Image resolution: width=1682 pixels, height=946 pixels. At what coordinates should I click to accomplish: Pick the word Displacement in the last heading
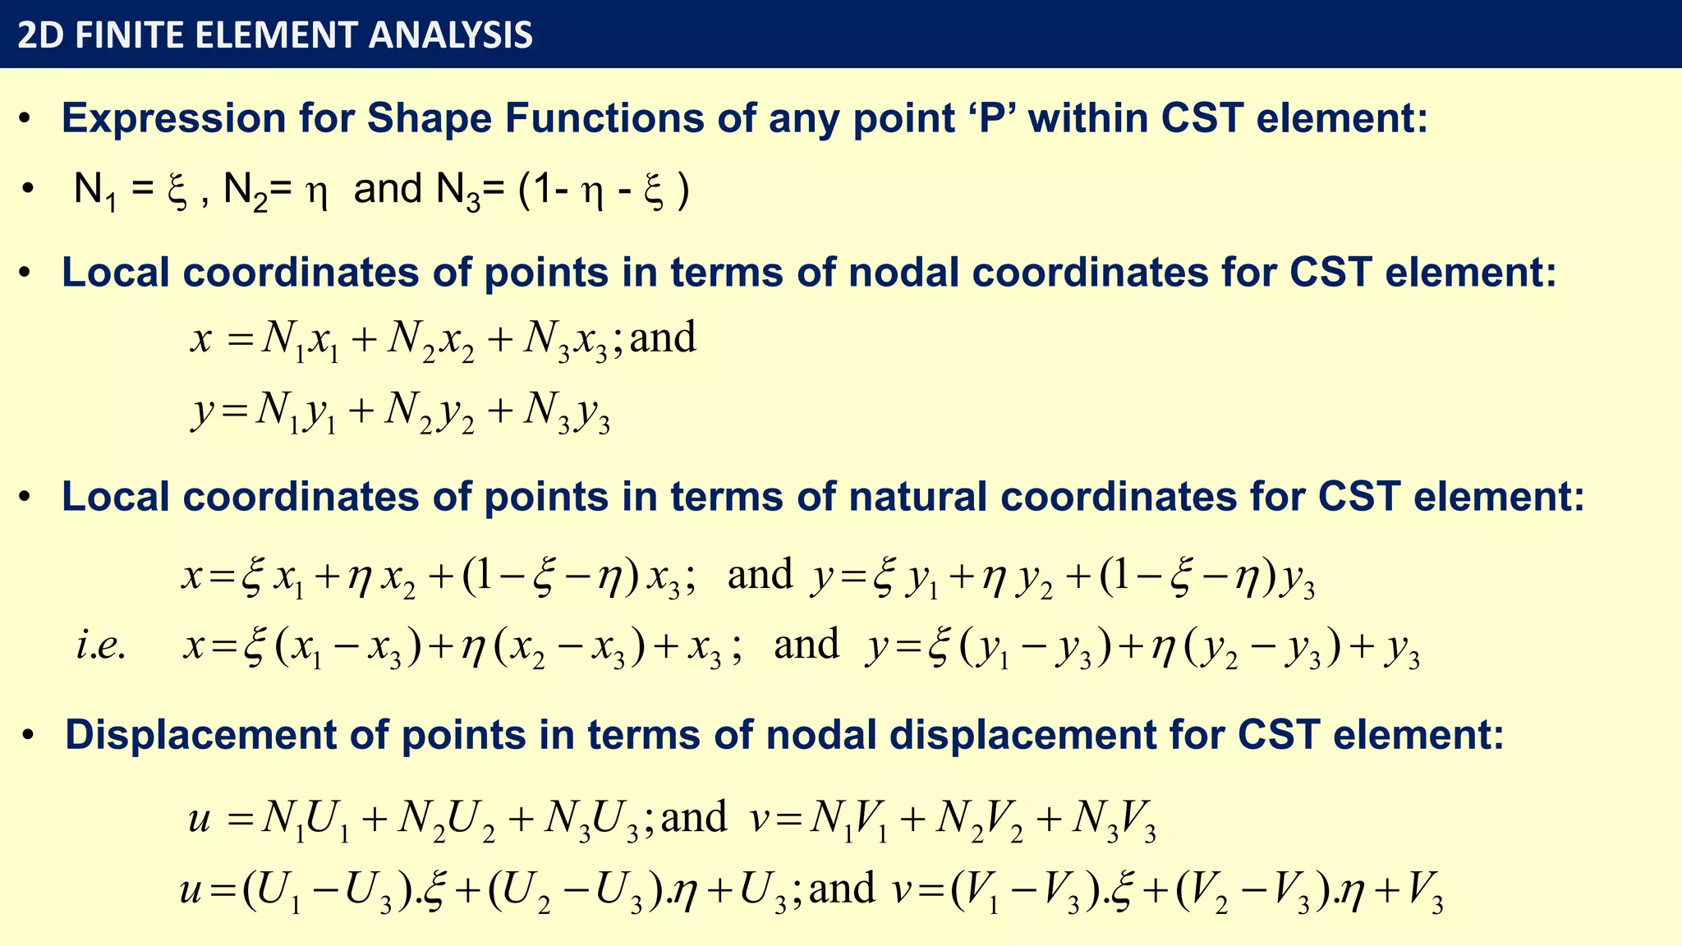(200, 734)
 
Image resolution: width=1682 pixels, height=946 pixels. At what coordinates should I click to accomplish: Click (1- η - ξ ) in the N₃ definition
(604, 191)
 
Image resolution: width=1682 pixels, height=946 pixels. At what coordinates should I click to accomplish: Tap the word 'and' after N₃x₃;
(663, 338)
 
